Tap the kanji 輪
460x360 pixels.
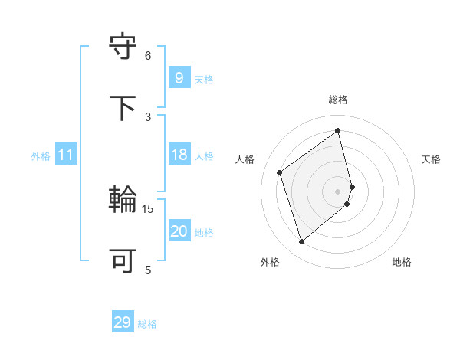click(123, 200)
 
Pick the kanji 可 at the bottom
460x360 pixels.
click(123, 261)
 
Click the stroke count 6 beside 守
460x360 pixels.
click(148, 55)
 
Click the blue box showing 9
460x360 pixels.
click(179, 77)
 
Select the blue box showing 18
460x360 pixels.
click(179, 154)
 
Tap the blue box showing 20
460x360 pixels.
click(179, 231)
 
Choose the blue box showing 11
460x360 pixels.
click(66, 155)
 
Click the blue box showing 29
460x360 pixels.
click(122, 322)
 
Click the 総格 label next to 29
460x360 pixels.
click(147, 324)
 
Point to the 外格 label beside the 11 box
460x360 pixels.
click(41, 156)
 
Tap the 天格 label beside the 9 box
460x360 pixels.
click(204, 80)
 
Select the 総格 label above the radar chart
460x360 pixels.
click(338, 100)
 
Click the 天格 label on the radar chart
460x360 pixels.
click(432, 159)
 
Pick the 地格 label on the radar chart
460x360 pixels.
click(402, 262)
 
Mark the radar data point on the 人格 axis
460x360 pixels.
click(280, 172)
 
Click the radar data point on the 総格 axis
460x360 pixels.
click(338, 131)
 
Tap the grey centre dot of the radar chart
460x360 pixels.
click(338, 191)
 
